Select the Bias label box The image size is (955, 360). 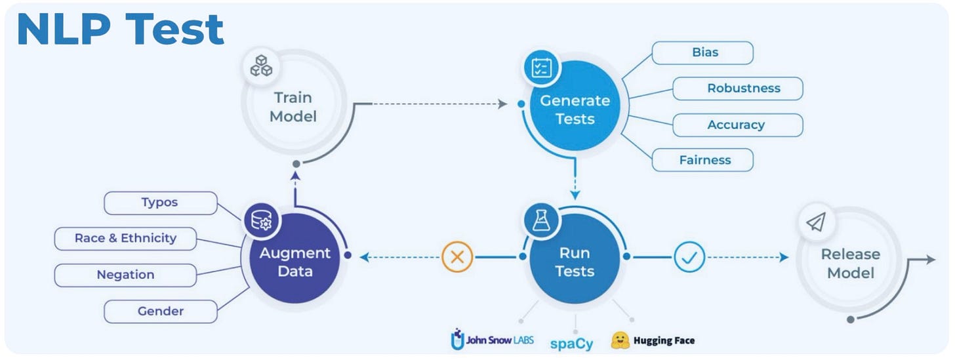tap(702, 52)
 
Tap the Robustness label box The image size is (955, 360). tap(737, 89)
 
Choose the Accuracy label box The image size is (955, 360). tap(737, 125)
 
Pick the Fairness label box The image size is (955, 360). tap(702, 160)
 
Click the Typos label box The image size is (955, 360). tap(160, 203)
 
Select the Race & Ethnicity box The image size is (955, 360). tap(125, 239)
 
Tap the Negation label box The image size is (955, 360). tap(125, 275)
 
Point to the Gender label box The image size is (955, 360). tap(160, 311)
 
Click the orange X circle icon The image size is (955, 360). tap(458, 257)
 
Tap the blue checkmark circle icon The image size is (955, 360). tap(689, 257)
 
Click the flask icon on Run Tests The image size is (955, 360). tap(541, 221)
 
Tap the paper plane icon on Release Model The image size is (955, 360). tap(815, 224)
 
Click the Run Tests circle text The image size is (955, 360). tap(575, 262)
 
